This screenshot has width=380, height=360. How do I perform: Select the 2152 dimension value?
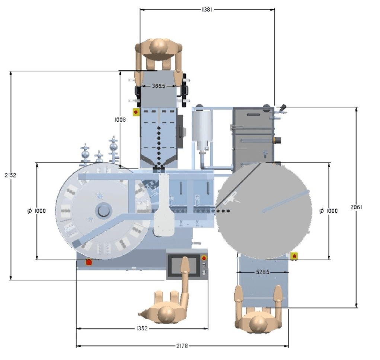click(10, 175)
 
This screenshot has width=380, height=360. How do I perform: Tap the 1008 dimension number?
click(120, 120)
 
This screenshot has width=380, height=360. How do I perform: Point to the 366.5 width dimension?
click(159, 86)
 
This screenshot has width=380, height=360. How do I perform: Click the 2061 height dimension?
click(356, 207)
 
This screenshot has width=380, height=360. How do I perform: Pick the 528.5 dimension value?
click(263, 272)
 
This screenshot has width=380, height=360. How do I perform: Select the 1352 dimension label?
click(142, 328)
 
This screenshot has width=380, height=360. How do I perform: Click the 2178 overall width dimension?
click(182, 346)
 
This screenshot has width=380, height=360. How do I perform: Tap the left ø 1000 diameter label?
click(36, 210)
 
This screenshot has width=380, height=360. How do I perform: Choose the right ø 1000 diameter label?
click(329, 210)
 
